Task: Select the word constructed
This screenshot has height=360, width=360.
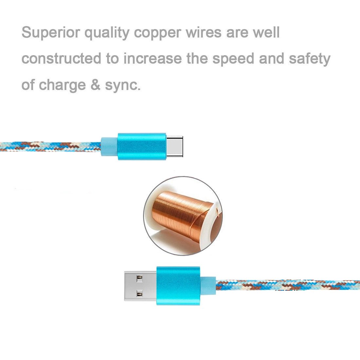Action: click(x=61, y=59)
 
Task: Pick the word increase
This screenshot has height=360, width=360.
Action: click(x=152, y=59)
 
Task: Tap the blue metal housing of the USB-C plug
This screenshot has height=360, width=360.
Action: click(x=142, y=146)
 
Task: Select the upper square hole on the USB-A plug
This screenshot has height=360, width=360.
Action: click(x=140, y=279)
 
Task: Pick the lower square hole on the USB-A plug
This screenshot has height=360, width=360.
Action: click(x=140, y=294)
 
